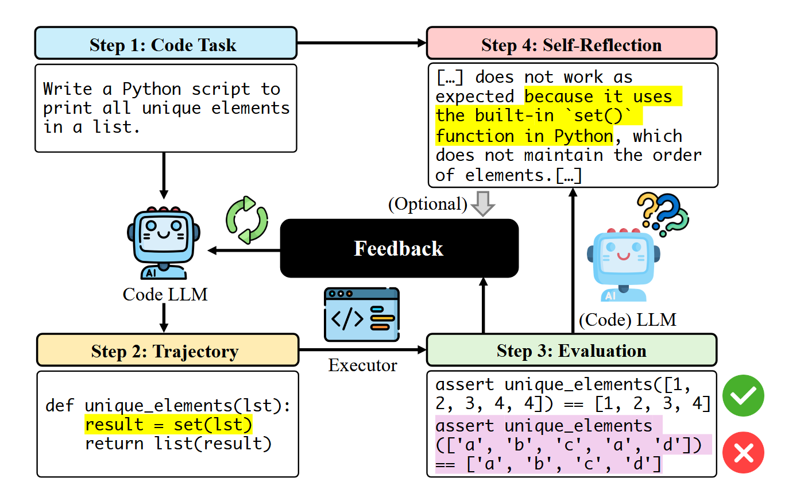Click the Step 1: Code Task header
(x=165, y=44)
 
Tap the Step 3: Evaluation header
(x=571, y=351)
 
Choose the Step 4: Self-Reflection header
(x=571, y=44)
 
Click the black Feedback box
(x=399, y=248)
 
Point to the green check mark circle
(x=743, y=395)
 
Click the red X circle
(x=743, y=453)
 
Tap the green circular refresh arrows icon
(x=247, y=220)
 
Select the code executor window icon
(x=361, y=314)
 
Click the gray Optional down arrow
(x=483, y=204)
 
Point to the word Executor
(x=362, y=365)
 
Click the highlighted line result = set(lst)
(x=168, y=425)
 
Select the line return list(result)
(x=178, y=444)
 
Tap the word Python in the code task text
(x=152, y=89)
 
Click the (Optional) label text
(x=428, y=204)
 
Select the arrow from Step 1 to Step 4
(x=362, y=43)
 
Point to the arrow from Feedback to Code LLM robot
(x=244, y=250)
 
